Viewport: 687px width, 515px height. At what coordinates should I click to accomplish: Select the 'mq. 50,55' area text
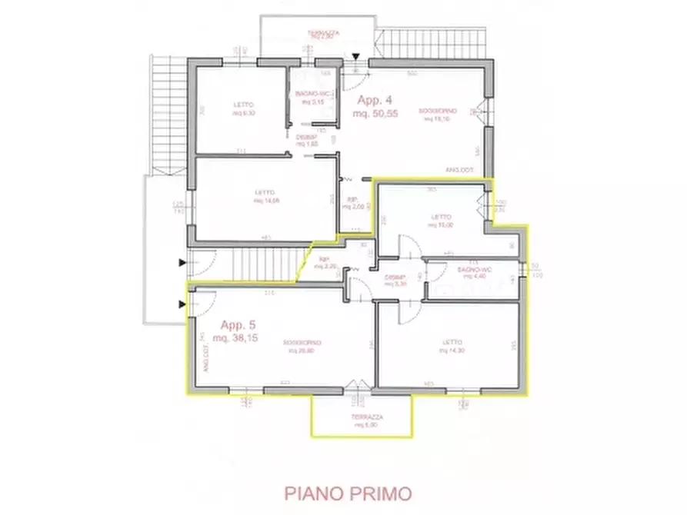[x=375, y=114]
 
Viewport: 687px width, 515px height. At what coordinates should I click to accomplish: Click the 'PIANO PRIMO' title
[x=348, y=493]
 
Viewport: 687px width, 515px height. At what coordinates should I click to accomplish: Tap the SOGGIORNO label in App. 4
[x=434, y=111]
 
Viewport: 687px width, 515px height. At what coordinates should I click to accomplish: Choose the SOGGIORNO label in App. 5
[x=301, y=342]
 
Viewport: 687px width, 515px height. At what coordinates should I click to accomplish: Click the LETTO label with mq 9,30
[x=245, y=105]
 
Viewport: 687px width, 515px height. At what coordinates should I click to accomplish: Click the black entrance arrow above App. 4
[x=355, y=57]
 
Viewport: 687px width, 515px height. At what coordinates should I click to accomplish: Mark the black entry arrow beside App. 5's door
[x=182, y=304]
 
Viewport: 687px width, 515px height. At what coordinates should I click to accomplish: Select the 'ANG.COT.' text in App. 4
[x=459, y=170]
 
